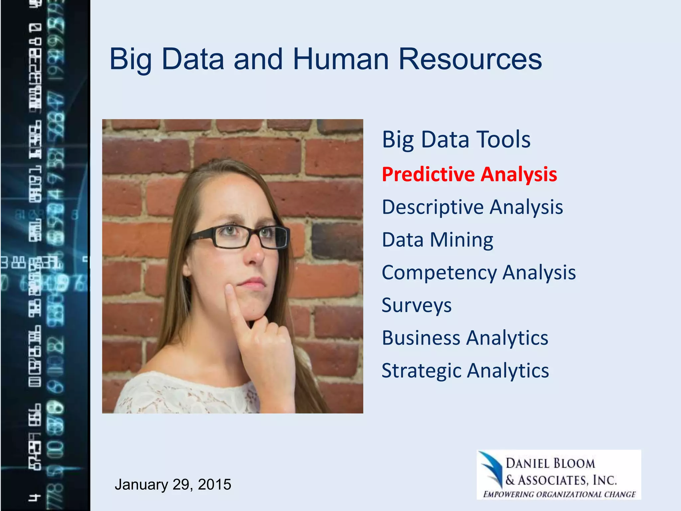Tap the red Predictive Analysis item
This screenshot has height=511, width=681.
[469, 174]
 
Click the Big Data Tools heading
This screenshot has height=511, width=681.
[456, 139]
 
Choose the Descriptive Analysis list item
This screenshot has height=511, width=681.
[472, 207]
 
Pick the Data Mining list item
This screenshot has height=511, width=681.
[437, 240]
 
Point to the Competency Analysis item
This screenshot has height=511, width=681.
[478, 272]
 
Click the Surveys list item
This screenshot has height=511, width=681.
[416, 305]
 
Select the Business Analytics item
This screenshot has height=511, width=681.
[465, 338]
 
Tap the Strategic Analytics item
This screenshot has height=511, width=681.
[465, 371]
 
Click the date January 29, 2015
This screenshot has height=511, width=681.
[173, 484]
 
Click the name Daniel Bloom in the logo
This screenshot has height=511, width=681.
[550, 463]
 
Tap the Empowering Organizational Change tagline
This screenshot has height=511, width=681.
[559, 494]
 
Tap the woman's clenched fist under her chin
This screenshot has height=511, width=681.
[269, 343]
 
